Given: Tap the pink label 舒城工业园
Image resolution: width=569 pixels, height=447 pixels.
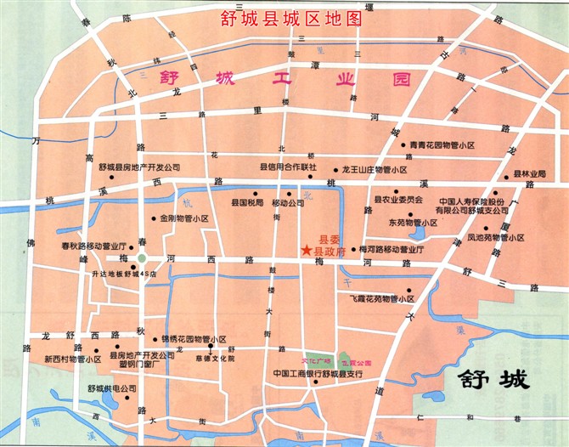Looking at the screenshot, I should [284, 79].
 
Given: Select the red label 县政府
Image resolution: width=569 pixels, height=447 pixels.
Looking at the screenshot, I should [330, 252].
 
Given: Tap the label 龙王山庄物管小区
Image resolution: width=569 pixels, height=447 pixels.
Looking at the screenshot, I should [380, 170].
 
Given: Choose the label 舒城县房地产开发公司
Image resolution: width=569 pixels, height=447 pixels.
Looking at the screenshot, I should [139, 167].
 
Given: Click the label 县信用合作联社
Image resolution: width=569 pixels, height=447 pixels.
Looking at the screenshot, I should [288, 167].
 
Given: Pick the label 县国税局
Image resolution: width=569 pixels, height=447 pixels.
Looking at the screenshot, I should [247, 204].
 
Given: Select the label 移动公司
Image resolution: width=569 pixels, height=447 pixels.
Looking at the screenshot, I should [287, 204].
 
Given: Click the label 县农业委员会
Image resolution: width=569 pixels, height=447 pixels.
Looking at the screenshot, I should [398, 200].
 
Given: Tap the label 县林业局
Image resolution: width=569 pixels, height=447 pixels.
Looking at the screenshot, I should [529, 174].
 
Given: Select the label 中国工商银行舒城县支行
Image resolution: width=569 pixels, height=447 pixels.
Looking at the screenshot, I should [318, 374].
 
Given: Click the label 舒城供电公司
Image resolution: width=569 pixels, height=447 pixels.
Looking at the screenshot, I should [111, 388].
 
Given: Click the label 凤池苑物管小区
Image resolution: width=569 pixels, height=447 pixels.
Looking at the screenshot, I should [499, 238].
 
